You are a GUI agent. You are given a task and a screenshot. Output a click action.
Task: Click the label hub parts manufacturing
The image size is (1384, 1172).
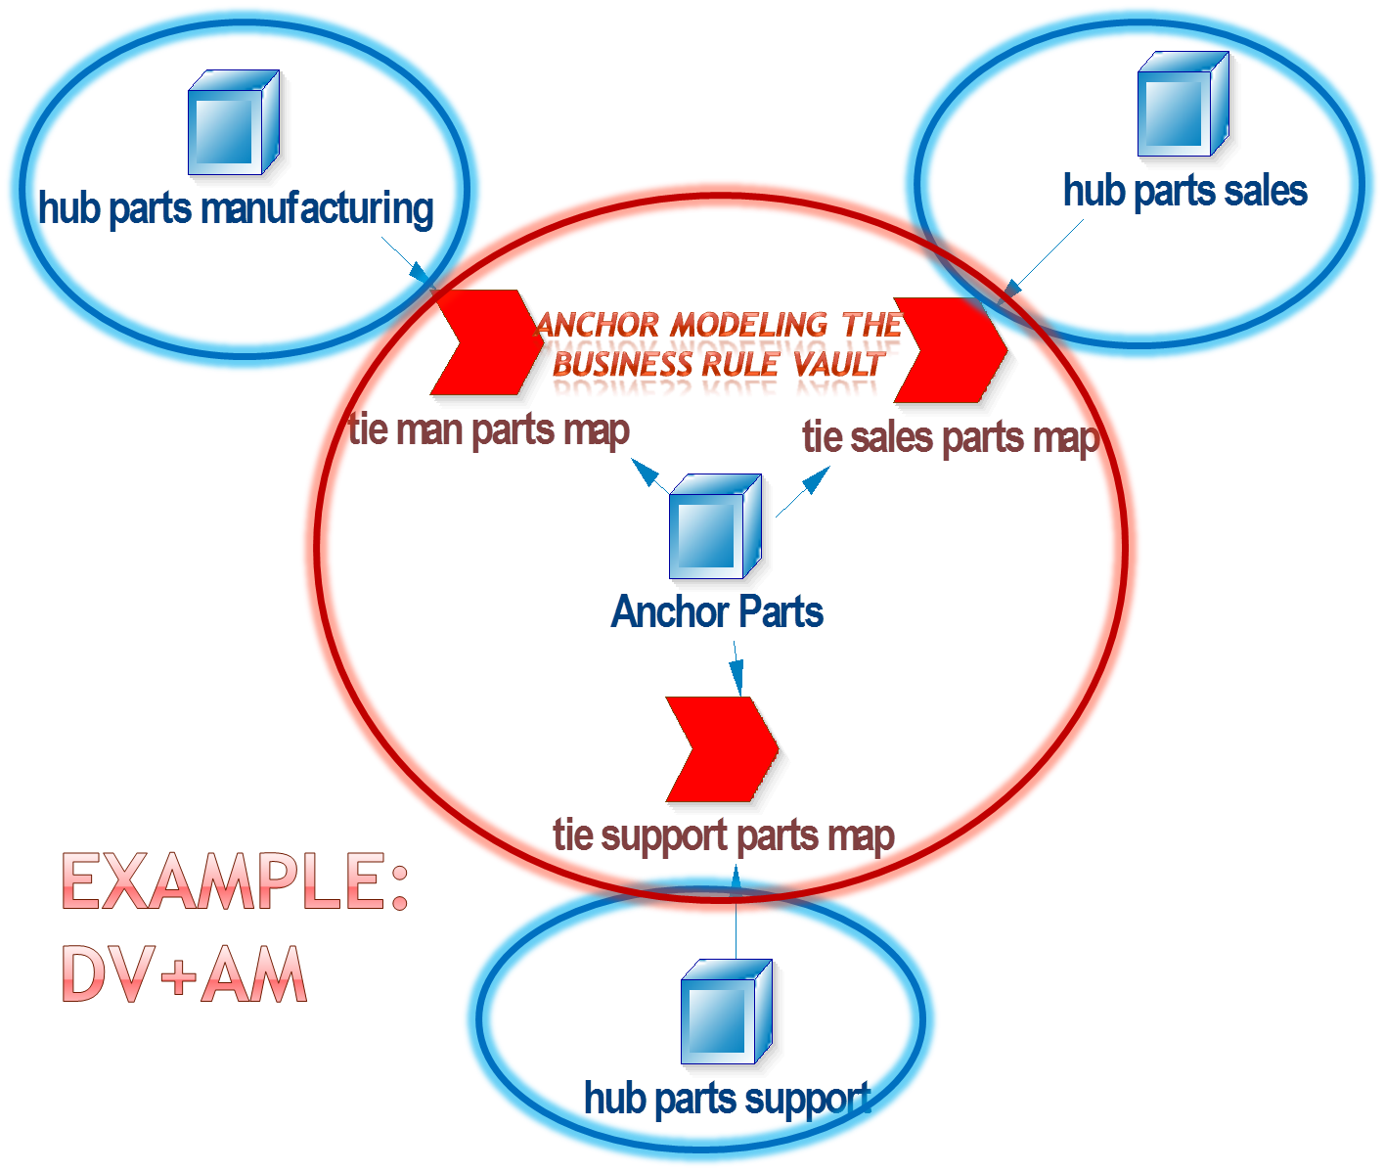click(x=236, y=209)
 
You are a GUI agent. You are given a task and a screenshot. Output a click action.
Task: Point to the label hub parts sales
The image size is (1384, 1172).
click(x=1184, y=191)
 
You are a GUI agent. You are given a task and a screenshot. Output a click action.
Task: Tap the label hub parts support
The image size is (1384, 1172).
click(x=727, y=1098)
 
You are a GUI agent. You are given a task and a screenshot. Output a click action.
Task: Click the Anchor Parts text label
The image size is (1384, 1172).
click(x=717, y=612)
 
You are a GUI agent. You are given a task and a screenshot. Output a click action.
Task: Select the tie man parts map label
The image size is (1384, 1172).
click(x=489, y=429)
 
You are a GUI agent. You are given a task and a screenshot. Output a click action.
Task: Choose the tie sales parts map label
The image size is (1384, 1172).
click(x=950, y=437)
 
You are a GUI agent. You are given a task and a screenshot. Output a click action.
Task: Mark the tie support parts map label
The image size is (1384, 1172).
click(x=723, y=835)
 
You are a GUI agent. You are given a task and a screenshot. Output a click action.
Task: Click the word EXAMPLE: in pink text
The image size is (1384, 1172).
click(x=235, y=881)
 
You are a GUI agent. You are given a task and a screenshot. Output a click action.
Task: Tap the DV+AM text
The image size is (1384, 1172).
click(x=184, y=974)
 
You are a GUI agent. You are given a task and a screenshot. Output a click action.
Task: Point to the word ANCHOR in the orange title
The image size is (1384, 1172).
click(x=598, y=324)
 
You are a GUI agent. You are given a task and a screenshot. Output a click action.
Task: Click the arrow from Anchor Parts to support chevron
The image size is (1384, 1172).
click(x=737, y=669)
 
